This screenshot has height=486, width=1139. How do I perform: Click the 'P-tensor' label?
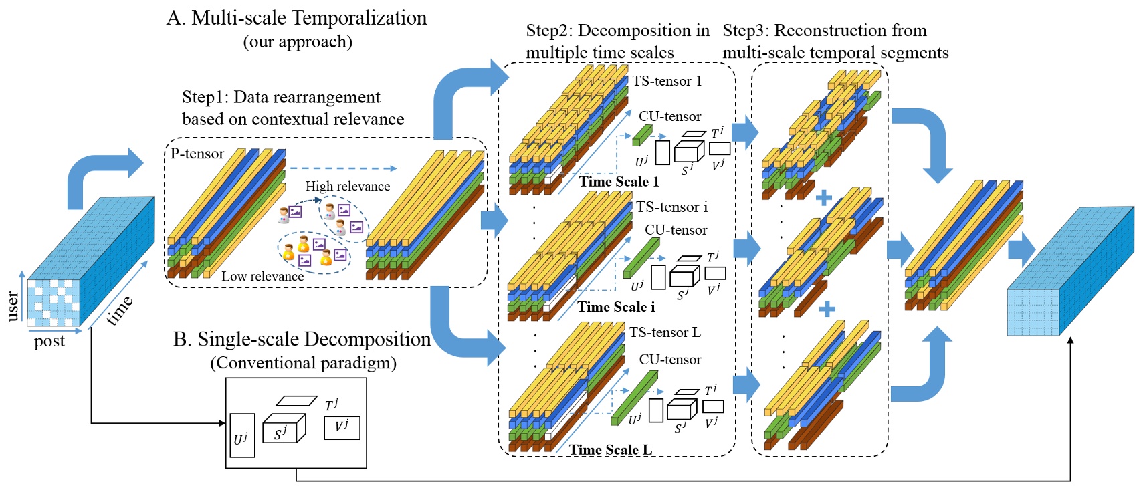click(197, 154)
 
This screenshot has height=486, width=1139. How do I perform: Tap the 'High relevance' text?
click(347, 187)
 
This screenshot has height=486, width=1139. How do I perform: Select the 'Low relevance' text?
click(262, 277)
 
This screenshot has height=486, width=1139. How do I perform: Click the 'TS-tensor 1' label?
click(667, 81)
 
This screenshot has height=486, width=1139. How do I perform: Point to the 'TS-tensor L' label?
click(665, 332)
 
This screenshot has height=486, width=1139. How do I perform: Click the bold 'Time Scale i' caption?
click(616, 307)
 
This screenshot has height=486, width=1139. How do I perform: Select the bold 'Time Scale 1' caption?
click(619, 182)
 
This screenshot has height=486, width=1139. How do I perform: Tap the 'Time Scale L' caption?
click(610, 449)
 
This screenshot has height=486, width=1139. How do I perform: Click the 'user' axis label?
click(12, 306)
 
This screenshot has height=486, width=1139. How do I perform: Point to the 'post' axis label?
click(49, 342)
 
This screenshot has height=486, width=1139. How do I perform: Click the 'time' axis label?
click(120, 310)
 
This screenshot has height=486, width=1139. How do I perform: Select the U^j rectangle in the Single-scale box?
click(242, 436)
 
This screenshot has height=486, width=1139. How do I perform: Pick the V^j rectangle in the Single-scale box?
click(342, 428)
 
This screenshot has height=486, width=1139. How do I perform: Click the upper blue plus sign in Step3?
click(824, 198)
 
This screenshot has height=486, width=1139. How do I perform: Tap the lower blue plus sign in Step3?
click(827, 309)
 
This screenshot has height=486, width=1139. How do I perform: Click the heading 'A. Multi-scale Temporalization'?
click(296, 18)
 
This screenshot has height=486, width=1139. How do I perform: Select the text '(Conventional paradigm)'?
click(304, 363)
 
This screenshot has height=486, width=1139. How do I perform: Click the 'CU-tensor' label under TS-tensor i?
click(676, 230)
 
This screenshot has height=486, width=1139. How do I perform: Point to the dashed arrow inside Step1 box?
click(343, 169)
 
